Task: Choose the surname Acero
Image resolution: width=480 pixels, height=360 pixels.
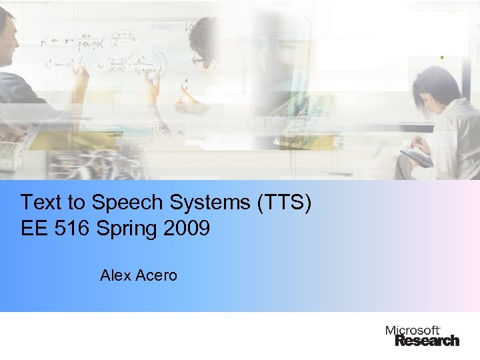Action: (155, 275)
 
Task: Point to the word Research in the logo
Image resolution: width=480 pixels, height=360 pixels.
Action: (427, 341)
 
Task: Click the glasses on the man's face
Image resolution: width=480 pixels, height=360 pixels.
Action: (198, 60)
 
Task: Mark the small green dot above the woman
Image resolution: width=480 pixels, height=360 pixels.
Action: (441, 58)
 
